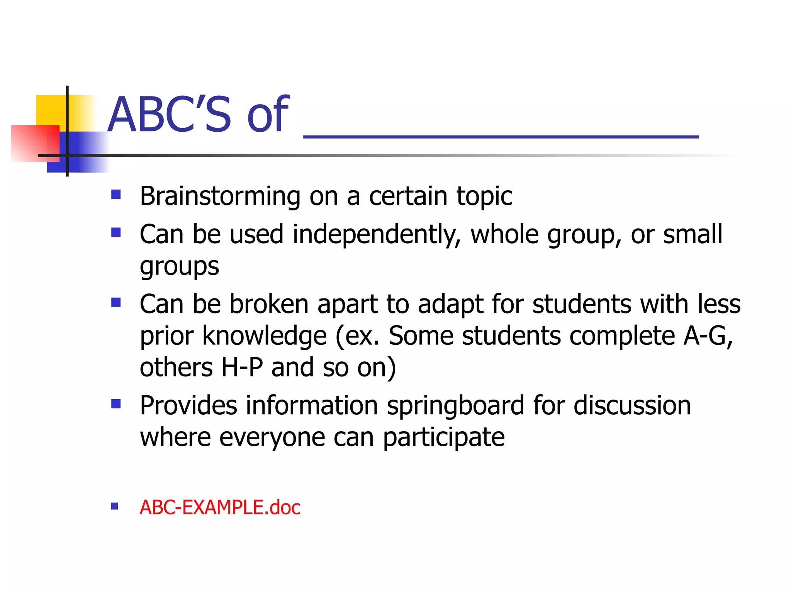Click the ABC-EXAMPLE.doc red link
(x=220, y=507)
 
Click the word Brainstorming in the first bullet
(x=220, y=196)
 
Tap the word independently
(x=377, y=235)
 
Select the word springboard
(x=455, y=406)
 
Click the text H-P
(x=242, y=367)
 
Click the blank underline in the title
(x=501, y=136)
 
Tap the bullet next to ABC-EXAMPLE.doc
(x=115, y=506)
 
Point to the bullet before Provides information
(x=116, y=404)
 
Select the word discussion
(x=632, y=406)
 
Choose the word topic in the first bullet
(x=484, y=196)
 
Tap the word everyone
(x=272, y=438)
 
